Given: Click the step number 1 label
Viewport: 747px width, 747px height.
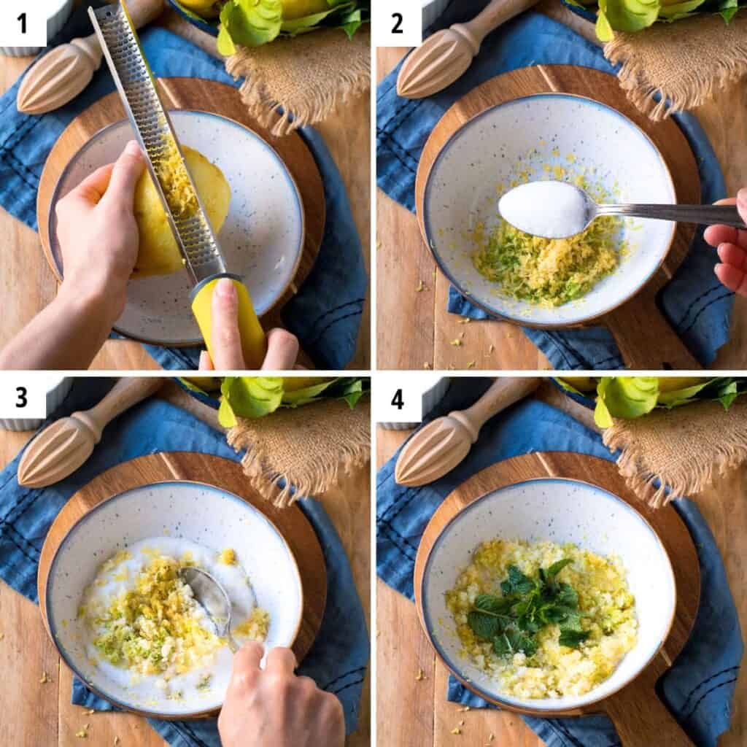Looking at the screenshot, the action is pos(22,24).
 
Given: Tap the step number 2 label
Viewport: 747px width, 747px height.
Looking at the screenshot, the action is pos(397,24).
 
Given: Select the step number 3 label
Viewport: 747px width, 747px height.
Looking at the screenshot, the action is pos(21,398).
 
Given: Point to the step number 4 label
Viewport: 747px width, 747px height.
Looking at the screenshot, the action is pos(398,399).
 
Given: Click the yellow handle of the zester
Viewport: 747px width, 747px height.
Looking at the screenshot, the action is pos(228,322).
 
